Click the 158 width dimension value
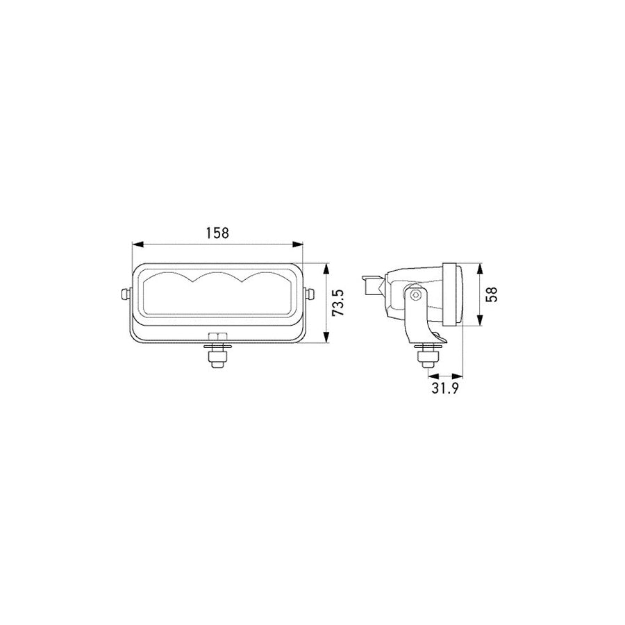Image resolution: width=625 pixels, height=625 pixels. pos(217,233)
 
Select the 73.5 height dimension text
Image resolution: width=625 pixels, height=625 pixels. pos(338,303)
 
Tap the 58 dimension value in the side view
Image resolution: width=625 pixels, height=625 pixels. pos(492,294)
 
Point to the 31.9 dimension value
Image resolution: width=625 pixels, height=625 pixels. pos(445,387)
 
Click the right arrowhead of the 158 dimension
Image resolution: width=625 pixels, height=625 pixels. pos(297,244)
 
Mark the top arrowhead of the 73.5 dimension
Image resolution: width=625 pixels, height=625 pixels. pos(326,269)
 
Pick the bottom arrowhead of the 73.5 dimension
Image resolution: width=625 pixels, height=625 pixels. pos(326,337)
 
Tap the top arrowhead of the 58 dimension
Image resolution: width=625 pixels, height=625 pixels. pos(480,269)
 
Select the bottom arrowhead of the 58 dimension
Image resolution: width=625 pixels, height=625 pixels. pos(480,320)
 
